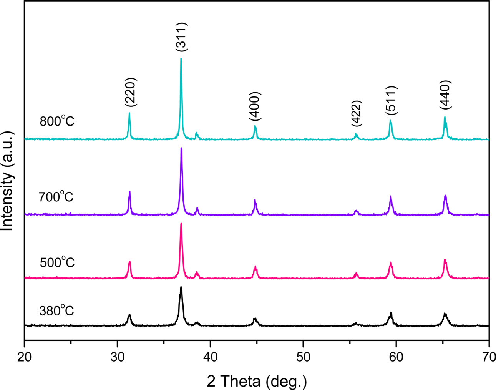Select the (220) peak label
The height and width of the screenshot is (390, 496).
pyautogui.click(x=131, y=93)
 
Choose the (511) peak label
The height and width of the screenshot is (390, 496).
pyautogui.click(x=391, y=100)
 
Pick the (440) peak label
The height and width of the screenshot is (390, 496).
pyautogui.click(x=445, y=95)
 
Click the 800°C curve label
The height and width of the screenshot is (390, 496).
pyautogui.click(x=57, y=121)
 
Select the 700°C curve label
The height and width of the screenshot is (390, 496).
pyautogui.click(x=56, y=197)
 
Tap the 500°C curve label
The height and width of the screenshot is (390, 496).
pyautogui.click(x=57, y=262)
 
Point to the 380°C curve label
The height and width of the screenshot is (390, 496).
pyautogui.click(x=56, y=310)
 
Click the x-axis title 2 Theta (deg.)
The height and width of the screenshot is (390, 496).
pyautogui.click(x=257, y=381)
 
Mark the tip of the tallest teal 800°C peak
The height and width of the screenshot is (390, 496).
pyautogui.click(x=181, y=59)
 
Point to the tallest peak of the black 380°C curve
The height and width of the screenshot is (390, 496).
pyautogui.click(x=181, y=287)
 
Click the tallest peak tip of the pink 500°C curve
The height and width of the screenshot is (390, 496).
pyautogui.click(x=181, y=224)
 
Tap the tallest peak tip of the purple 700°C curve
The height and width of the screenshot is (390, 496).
pyautogui.click(x=181, y=148)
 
